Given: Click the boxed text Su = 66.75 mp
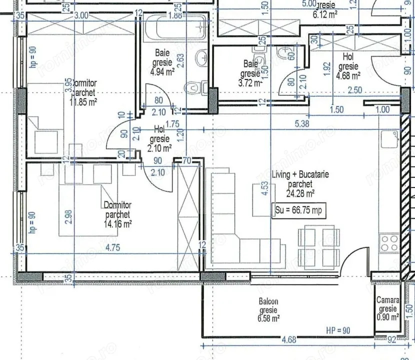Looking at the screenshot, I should pos(298,210).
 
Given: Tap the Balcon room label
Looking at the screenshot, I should pos(268,301).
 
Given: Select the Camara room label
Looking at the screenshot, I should pos(387,300).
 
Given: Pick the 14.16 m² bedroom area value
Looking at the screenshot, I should pos(118,224).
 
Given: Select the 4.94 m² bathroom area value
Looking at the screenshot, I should pos(162,71).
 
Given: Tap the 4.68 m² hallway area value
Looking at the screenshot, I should pos(348,75).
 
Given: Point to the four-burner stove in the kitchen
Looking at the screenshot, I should pos(388,244).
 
